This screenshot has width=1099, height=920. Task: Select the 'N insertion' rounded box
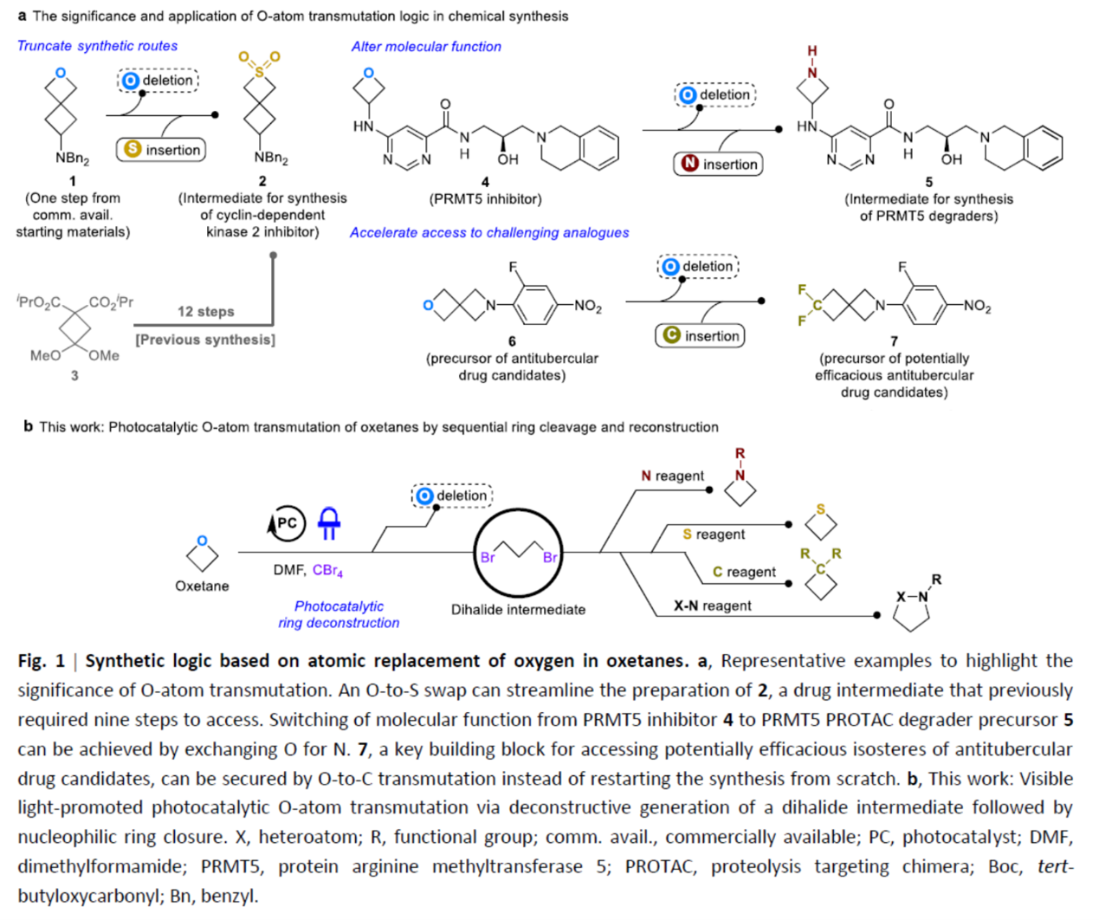tap(719, 164)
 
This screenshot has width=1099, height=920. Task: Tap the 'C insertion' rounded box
tap(701, 336)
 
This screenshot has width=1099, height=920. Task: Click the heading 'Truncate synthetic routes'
tap(97, 46)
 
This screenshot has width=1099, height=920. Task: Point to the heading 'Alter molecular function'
tap(426, 47)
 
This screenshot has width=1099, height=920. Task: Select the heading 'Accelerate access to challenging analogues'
tap(489, 232)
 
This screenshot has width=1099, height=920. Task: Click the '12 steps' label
tap(206, 312)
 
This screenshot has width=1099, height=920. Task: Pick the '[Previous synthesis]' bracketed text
tap(205, 340)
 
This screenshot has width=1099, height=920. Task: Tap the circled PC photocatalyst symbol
tap(286, 523)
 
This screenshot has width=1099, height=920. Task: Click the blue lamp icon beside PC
tap(329, 522)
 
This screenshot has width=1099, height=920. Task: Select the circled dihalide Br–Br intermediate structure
tap(518, 552)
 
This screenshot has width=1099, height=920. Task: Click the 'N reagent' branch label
tap(672, 476)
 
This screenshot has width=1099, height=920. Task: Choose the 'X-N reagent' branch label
tap(713, 606)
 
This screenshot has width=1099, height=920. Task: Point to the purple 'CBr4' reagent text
tap(327, 570)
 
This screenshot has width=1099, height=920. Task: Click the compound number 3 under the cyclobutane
tap(74, 375)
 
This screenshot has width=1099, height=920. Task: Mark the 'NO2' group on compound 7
tap(976, 306)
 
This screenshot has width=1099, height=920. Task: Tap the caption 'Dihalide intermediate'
tap(518, 610)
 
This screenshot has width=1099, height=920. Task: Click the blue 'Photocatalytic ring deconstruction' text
tap(339, 614)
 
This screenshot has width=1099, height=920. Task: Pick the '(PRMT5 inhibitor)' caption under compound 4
tap(485, 199)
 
